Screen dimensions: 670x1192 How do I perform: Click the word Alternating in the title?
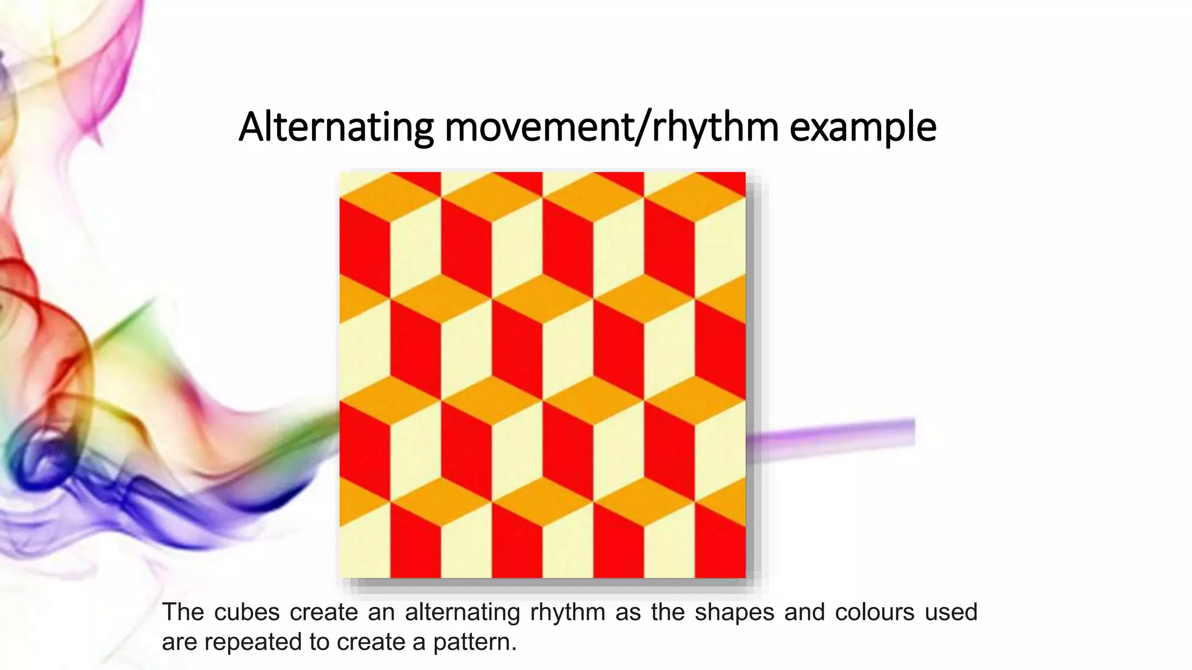(336, 127)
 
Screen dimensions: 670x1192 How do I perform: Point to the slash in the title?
(643, 127)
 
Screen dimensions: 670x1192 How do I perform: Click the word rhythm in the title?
(715, 127)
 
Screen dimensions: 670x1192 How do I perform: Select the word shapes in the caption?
(734, 612)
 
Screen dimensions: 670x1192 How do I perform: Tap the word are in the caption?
(179, 643)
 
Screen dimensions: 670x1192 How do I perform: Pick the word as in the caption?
(628, 612)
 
